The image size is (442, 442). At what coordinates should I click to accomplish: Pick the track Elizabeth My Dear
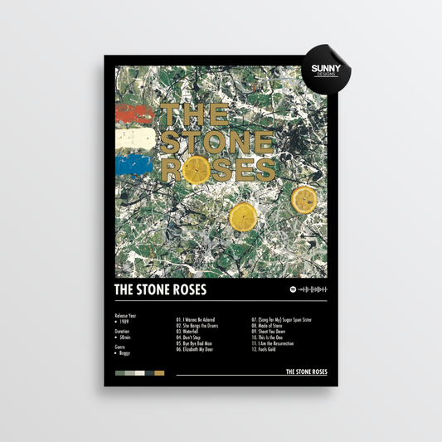202,349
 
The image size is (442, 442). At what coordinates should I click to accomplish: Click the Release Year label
124,316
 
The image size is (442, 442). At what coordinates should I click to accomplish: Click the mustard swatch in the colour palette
159,372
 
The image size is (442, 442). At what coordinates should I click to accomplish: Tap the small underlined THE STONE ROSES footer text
305,372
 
